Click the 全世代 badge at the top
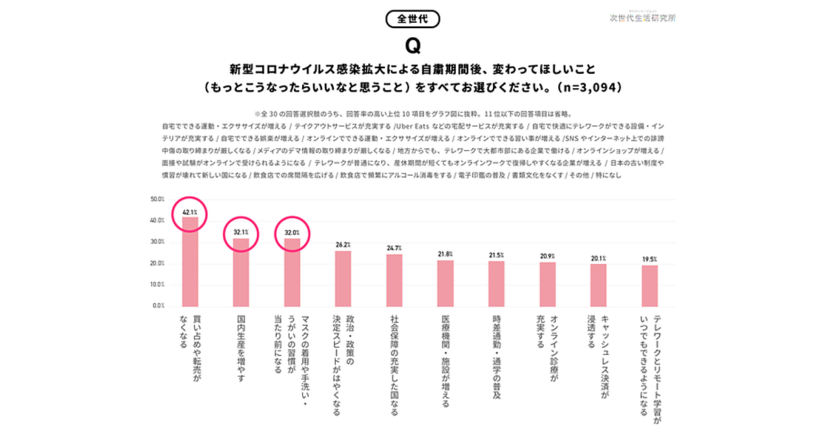[x=412, y=19]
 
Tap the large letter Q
[x=412, y=45]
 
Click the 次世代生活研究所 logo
[x=642, y=17]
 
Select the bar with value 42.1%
[x=190, y=262]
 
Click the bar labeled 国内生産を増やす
[x=241, y=272]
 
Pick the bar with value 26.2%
[x=343, y=278]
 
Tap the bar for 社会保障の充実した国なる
[x=394, y=280]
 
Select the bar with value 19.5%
[x=650, y=286]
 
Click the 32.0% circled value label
[x=293, y=233]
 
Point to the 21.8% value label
[x=445, y=254]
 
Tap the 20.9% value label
[x=547, y=256]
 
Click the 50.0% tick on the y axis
[x=158, y=199]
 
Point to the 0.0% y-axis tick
[x=159, y=305]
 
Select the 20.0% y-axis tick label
[x=158, y=263]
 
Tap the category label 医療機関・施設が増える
[x=445, y=361]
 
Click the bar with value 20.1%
[x=598, y=285]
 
